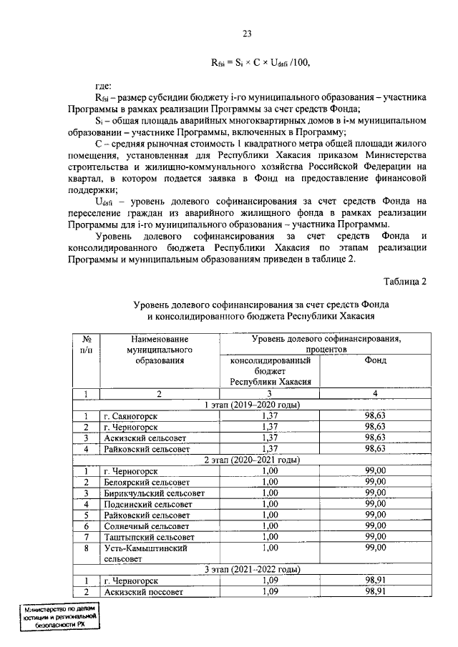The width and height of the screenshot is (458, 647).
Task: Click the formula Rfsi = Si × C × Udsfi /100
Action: pos(260,63)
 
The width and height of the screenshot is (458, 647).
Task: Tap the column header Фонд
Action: pos(375,360)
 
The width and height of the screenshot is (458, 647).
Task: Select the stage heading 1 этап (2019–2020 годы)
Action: pos(261,405)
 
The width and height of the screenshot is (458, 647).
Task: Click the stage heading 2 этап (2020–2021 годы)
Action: pos(261,459)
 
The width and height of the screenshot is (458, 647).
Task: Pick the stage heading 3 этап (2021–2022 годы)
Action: pos(261,570)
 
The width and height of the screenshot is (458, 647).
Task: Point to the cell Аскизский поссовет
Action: pos(142,593)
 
